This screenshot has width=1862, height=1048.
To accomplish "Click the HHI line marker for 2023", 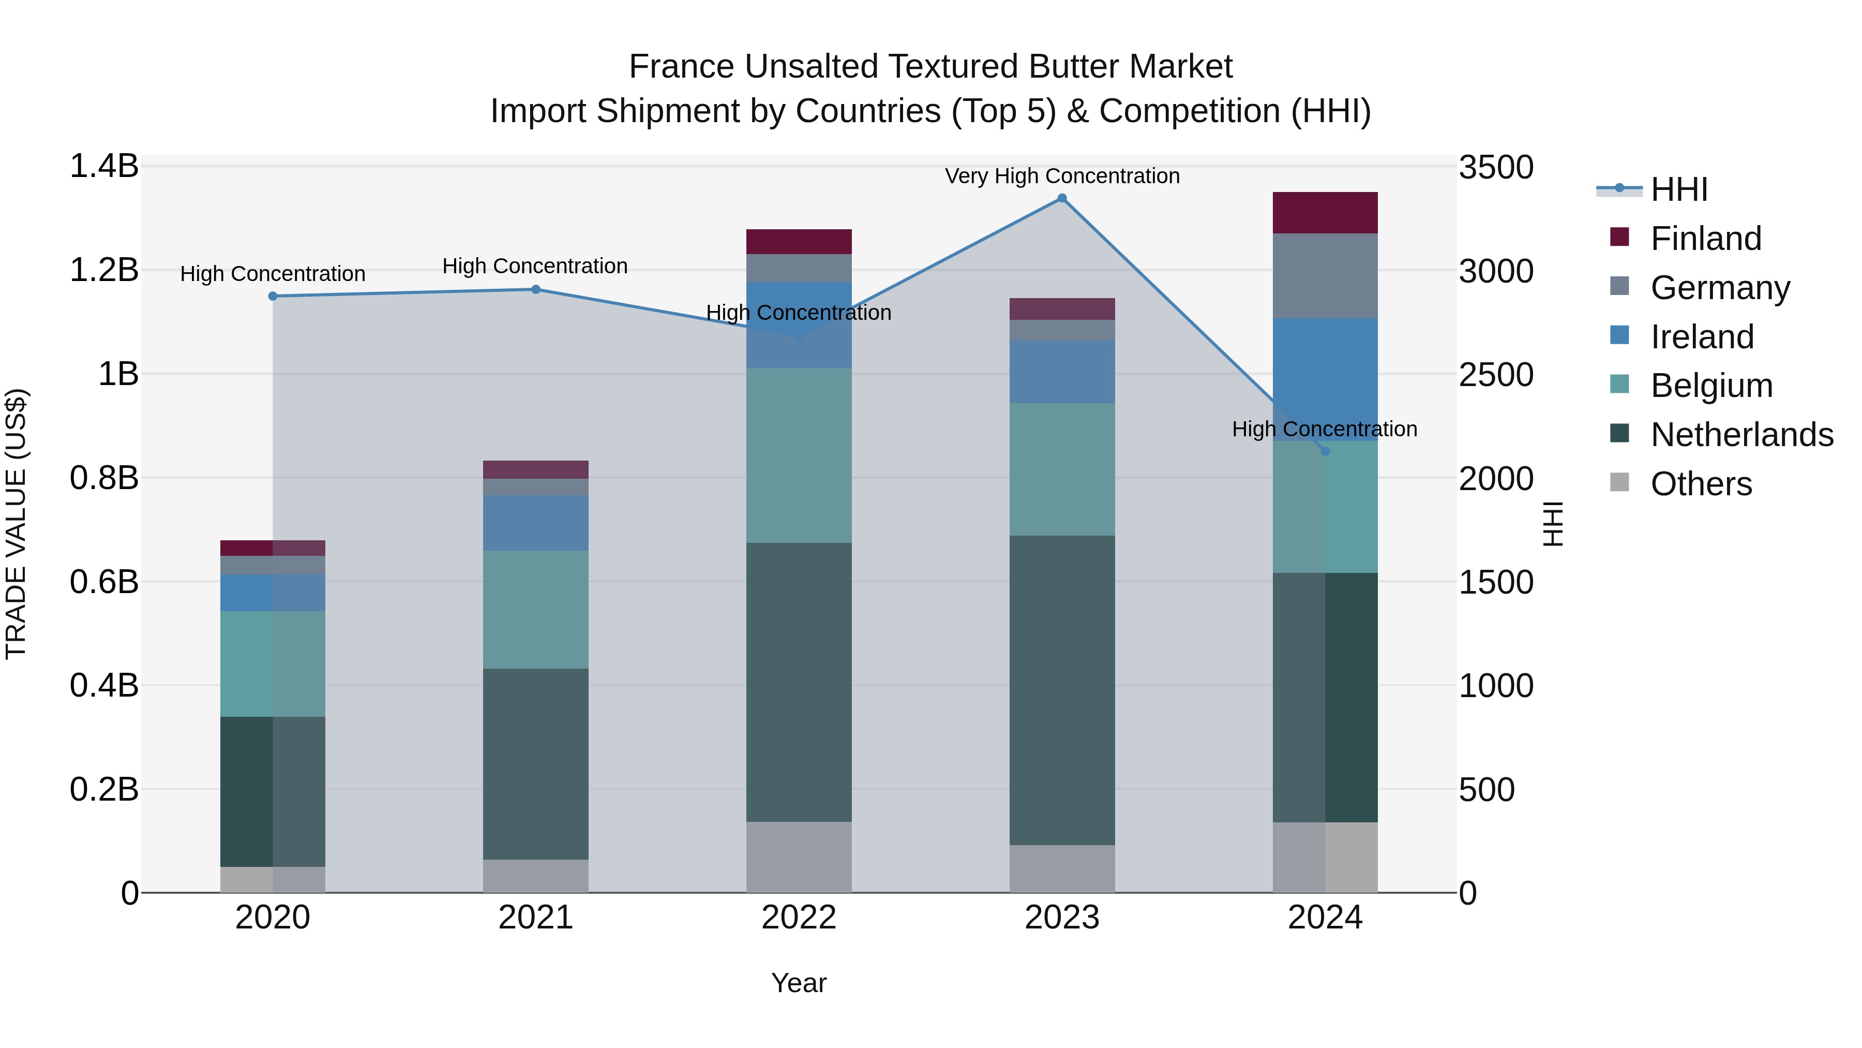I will [1062, 198].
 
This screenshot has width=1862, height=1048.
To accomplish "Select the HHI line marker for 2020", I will [273, 296].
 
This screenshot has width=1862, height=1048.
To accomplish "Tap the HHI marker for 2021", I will [536, 289].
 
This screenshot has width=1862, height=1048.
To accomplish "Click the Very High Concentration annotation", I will [1062, 176].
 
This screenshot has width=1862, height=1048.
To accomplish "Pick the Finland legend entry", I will [1705, 238].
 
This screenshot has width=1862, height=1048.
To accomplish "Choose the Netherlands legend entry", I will [1741, 435].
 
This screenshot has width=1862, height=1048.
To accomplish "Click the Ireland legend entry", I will [1702, 336].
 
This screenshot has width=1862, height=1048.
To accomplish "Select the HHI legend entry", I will [1678, 189].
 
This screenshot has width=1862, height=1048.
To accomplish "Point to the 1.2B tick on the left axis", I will [103, 270].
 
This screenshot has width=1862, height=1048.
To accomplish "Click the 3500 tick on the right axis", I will [1495, 167].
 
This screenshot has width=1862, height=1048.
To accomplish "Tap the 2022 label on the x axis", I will [799, 918].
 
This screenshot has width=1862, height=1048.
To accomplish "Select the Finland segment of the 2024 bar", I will [1325, 213].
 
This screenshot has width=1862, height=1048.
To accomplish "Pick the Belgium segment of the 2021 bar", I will [536, 610].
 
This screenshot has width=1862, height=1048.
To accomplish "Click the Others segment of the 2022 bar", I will [799, 857].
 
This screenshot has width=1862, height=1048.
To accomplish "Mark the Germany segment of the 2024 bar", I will [1325, 275].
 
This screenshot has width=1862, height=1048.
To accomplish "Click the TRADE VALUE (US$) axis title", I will [16, 524].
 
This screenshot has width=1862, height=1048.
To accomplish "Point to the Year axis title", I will [799, 983].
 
